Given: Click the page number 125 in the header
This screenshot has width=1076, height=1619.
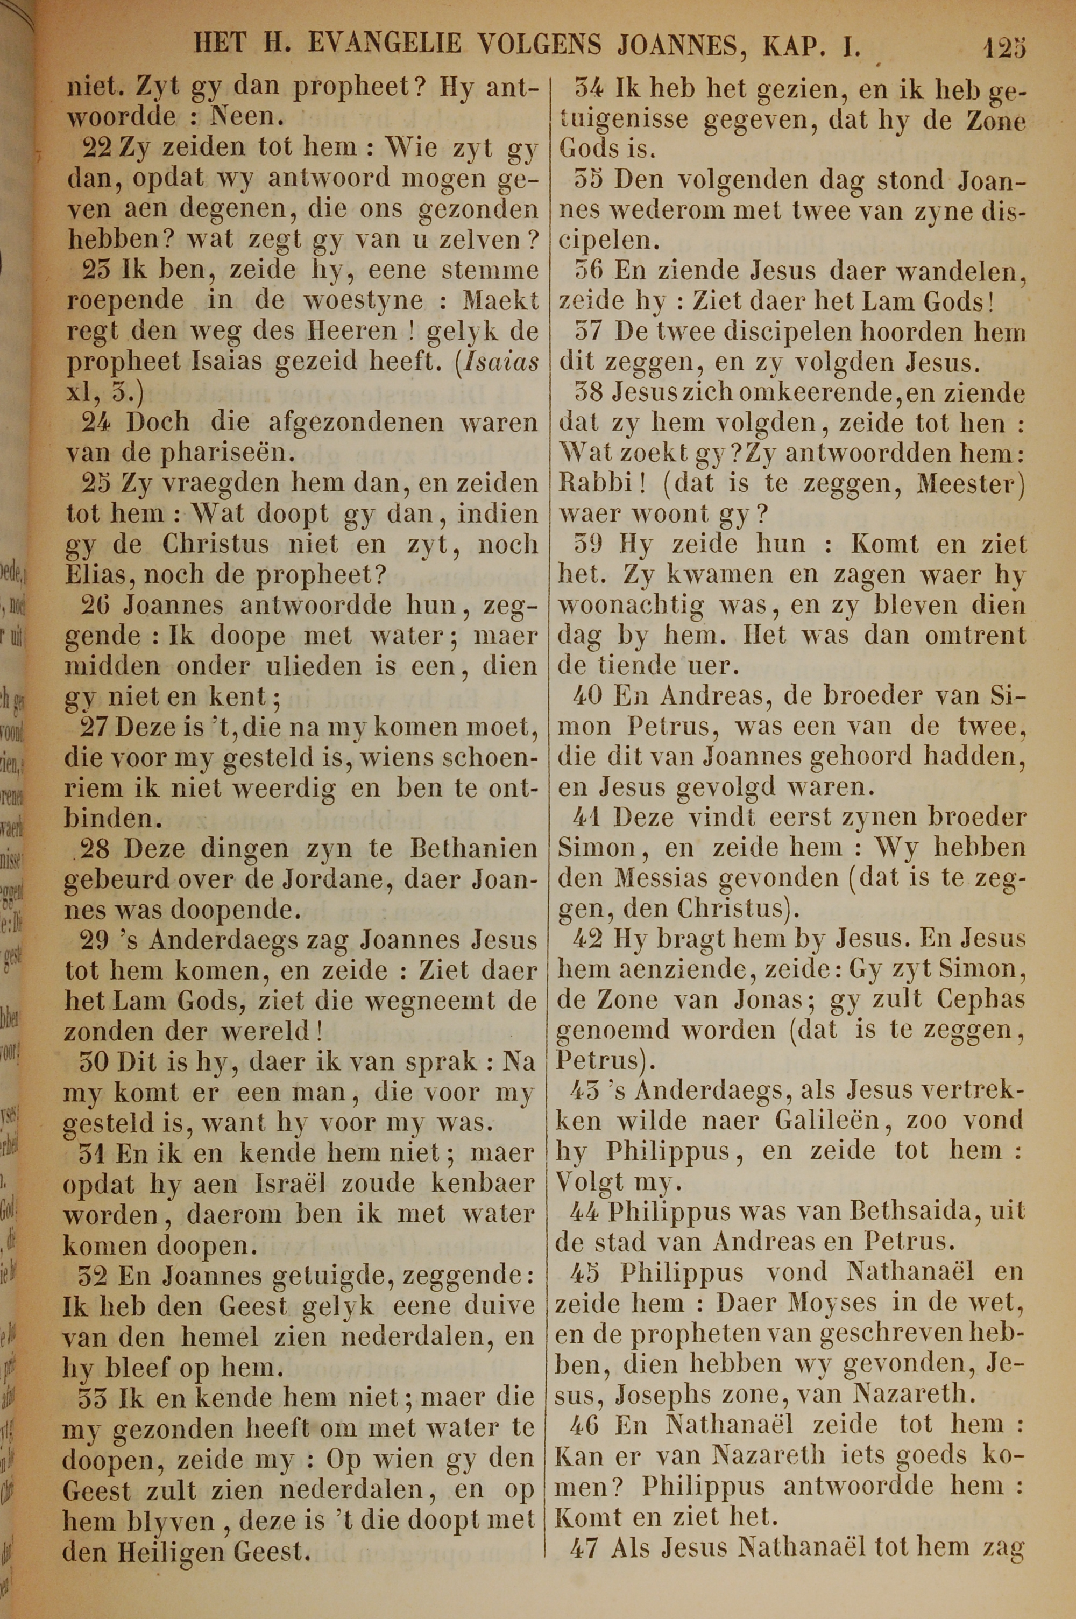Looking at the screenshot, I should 1004,47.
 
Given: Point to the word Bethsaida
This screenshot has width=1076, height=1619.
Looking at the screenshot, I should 911,1212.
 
